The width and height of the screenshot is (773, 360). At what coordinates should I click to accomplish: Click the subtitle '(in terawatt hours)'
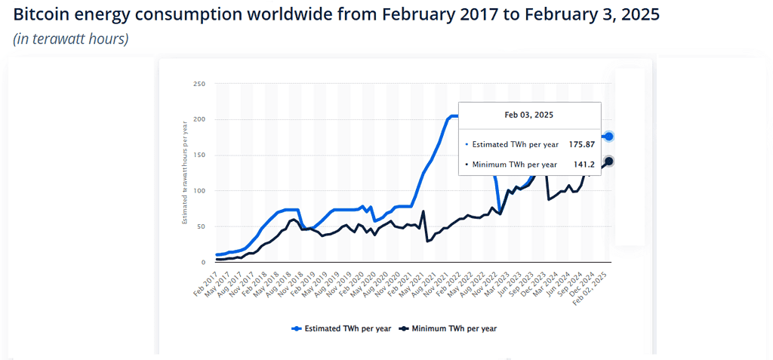click(x=70, y=39)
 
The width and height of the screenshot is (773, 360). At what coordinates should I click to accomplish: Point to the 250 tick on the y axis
click(x=199, y=84)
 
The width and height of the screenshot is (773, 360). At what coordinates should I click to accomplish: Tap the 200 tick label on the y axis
click(x=199, y=119)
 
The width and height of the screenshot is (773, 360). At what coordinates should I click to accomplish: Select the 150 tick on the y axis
click(x=199, y=155)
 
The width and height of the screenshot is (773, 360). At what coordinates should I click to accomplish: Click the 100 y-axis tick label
click(x=199, y=191)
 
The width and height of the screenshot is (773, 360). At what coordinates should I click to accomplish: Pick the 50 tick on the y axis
click(x=201, y=226)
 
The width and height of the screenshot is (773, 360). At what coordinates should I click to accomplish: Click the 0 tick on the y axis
click(x=203, y=263)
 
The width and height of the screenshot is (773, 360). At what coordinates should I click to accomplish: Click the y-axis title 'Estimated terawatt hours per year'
click(x=184, y=173)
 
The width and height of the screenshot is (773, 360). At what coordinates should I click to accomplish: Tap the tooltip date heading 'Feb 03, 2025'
click(x=529, y=115)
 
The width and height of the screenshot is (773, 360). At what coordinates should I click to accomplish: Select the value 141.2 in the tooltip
click(x=583, y=165)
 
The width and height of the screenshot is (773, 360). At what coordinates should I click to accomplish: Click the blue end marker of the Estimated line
click(x=608, y=137)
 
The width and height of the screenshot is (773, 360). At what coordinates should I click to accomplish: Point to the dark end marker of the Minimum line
click(x=608, y=162)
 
